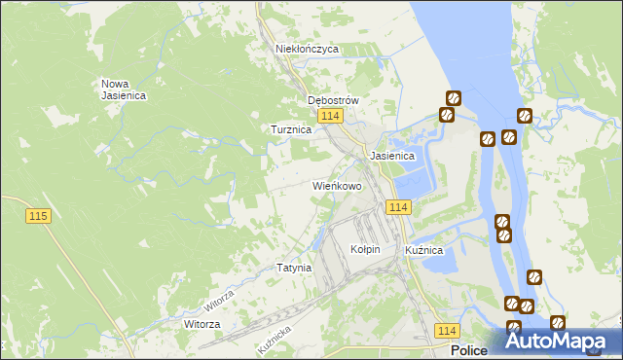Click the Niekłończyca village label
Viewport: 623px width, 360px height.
coord(306,48)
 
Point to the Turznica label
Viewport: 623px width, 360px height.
coord(290,129)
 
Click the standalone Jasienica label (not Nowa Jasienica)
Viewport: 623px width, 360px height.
coord(392,156)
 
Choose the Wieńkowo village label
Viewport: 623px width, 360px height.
coord(337,185)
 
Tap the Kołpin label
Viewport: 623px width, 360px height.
coord(365,250)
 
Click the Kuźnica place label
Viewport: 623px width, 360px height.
coord(424,250)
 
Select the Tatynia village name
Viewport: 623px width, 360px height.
coord(294,268)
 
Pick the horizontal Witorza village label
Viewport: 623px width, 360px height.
coord(202,324)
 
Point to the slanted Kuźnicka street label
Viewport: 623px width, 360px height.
coord(275,339)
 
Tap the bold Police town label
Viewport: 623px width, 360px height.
coord(469,350)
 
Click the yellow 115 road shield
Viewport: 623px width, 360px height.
coord(39,216)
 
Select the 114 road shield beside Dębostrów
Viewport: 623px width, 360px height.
coord(331,117)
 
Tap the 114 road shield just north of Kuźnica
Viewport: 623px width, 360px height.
coord(398,207)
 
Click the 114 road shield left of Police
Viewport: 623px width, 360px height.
coord(447,331)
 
